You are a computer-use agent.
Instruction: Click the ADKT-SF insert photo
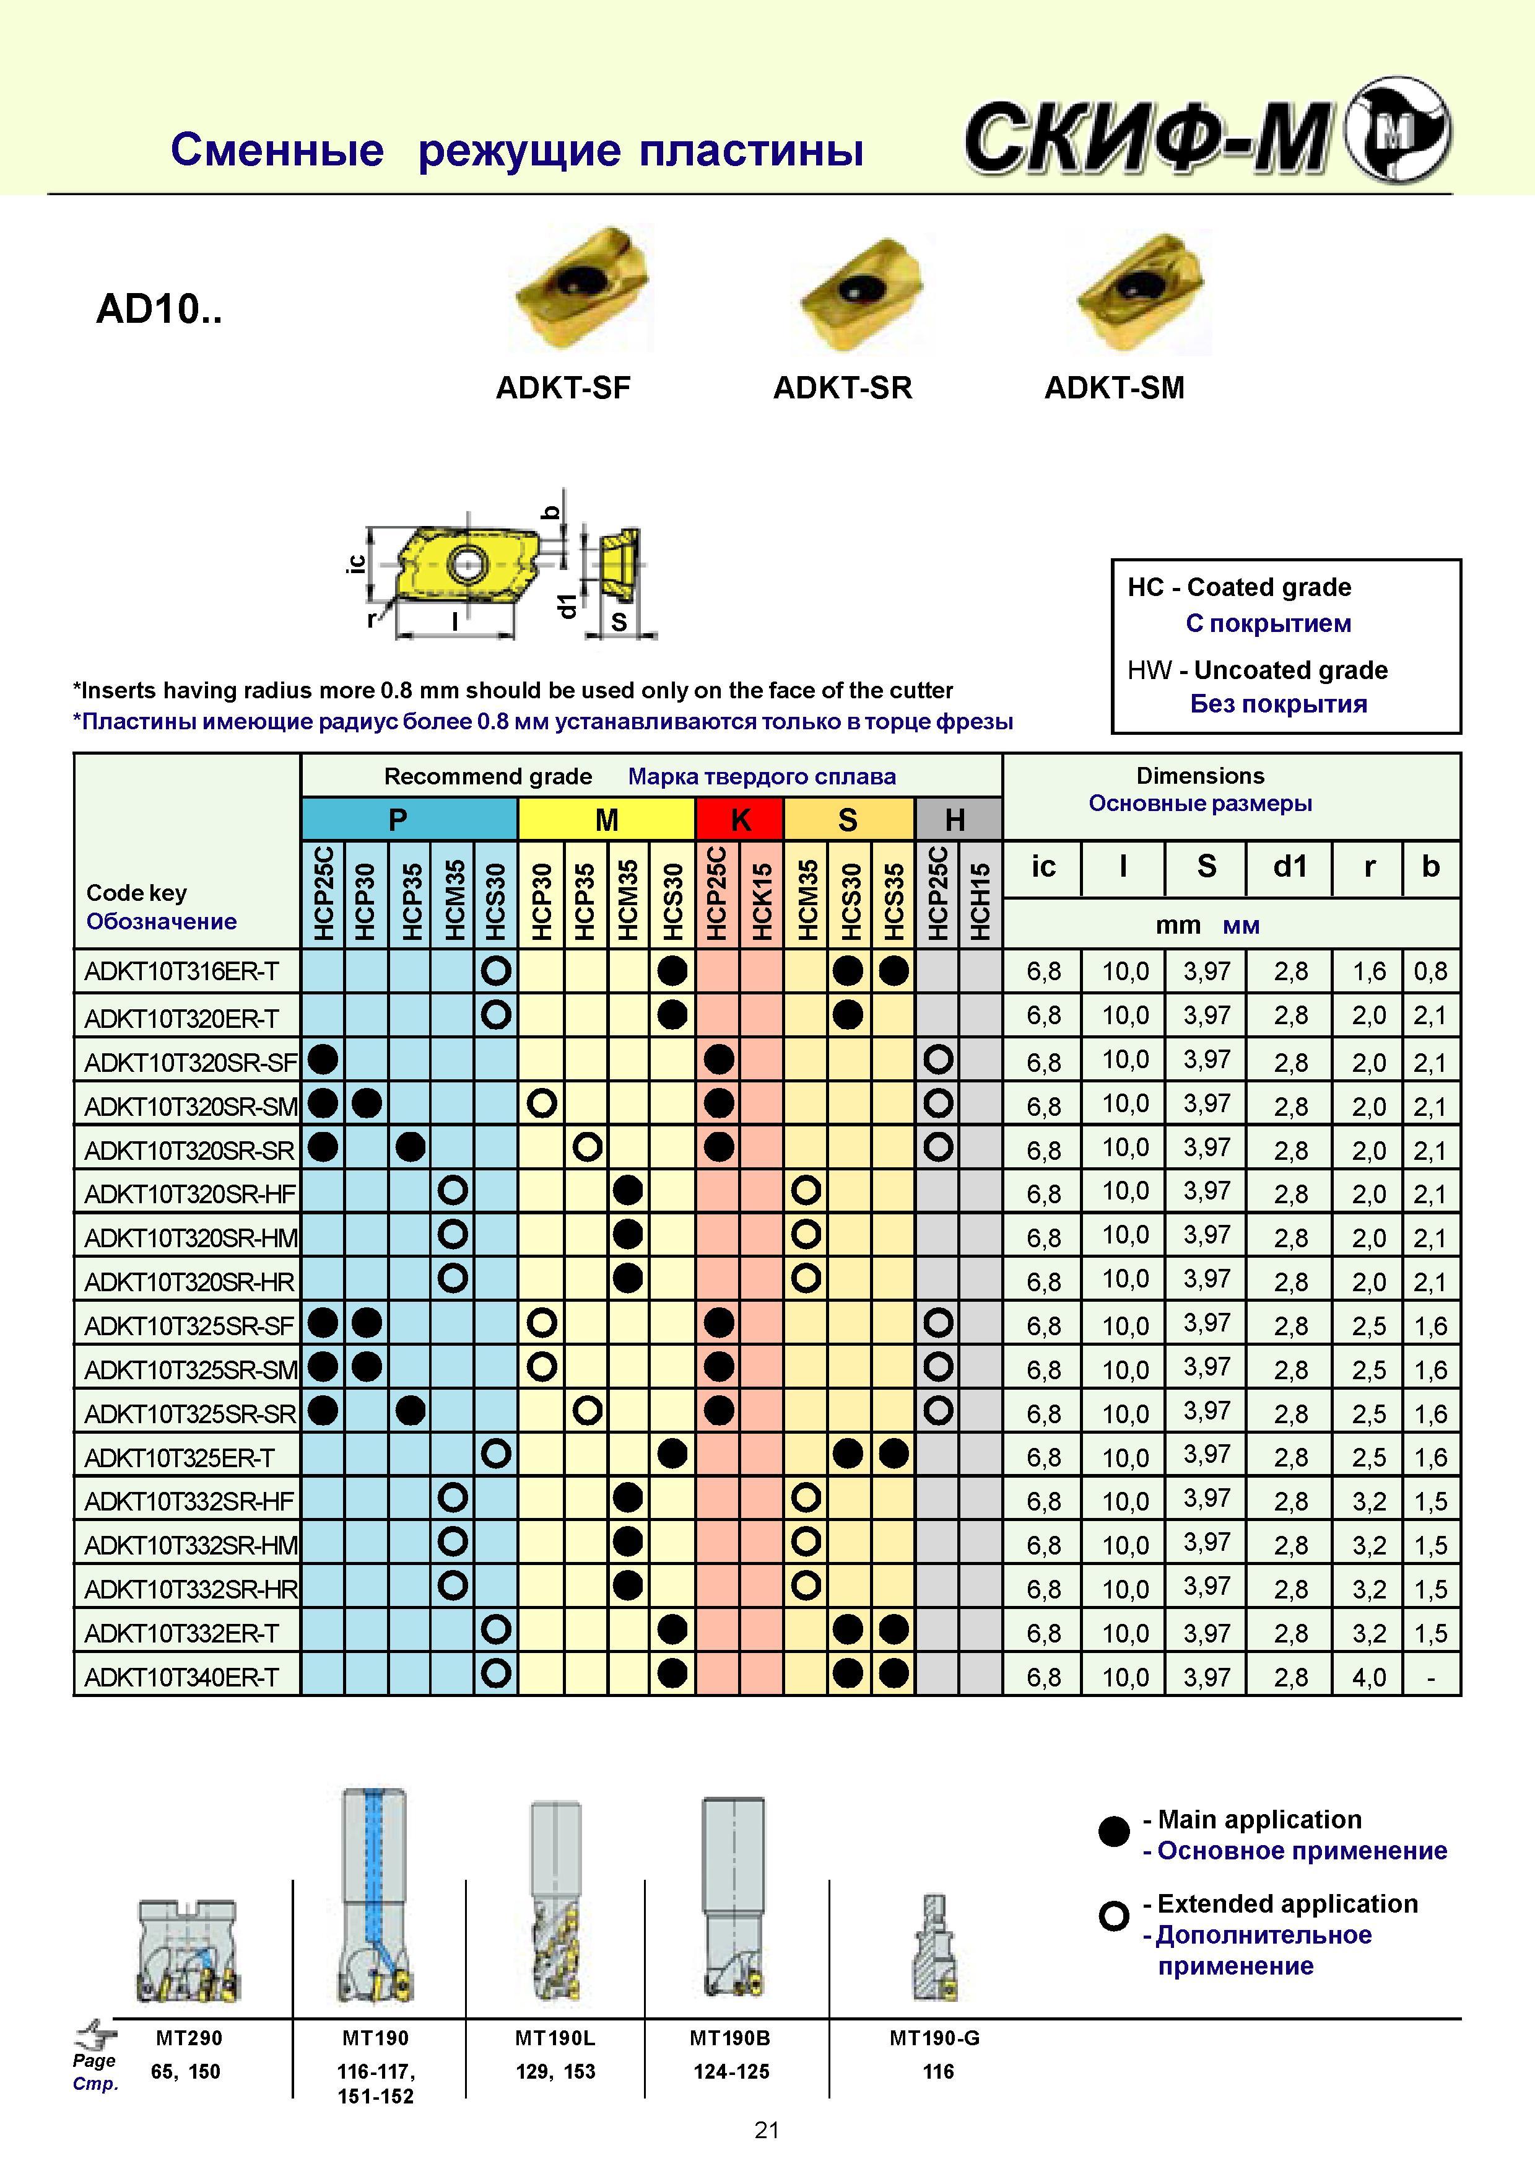[x=581, y=288]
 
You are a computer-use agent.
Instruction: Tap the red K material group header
[x=739, y=819]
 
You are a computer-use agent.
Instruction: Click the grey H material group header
[x=957, y=819]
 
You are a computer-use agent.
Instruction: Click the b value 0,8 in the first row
[x=1430, y=971]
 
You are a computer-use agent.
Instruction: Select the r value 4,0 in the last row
[x=1368, y=1677]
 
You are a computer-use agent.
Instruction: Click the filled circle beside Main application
[x=1115, y=1831]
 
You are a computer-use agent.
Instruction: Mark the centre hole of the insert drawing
[x=465, y=564]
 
